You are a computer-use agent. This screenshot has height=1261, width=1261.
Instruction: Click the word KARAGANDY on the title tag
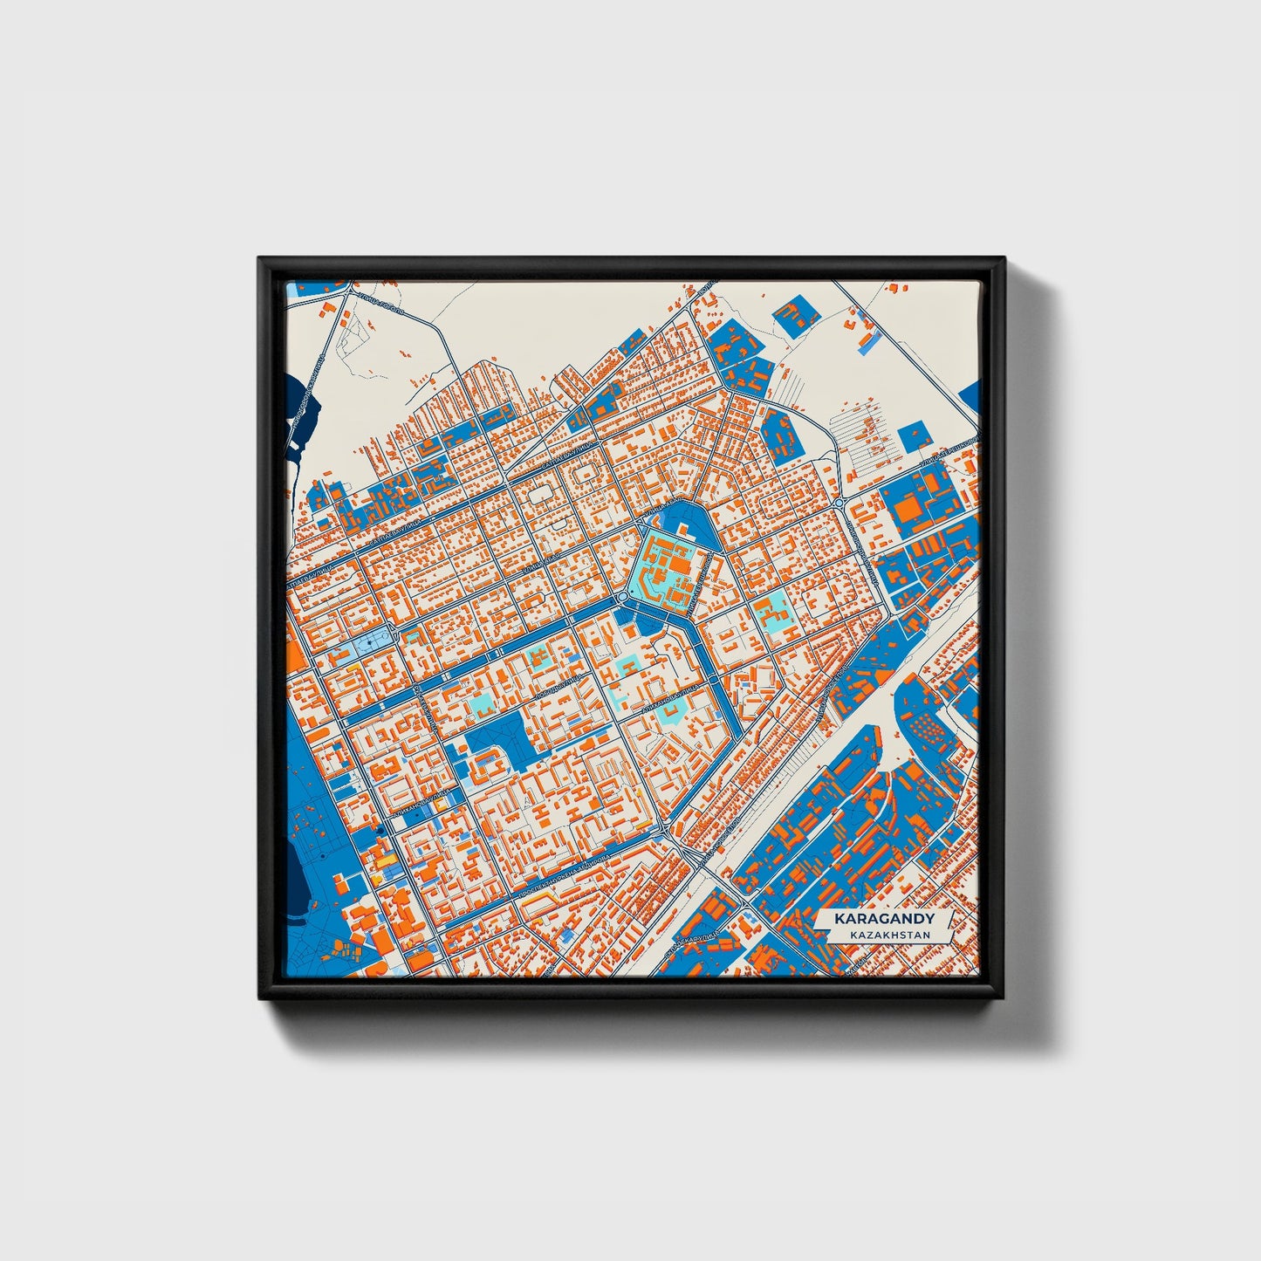click(884, 919)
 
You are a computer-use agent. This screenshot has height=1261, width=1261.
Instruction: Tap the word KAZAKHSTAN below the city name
click(884, 935)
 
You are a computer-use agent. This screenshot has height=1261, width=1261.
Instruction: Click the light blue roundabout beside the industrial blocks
click(839, 504)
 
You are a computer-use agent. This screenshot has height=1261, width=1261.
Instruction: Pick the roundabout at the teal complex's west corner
click(621, 596)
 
